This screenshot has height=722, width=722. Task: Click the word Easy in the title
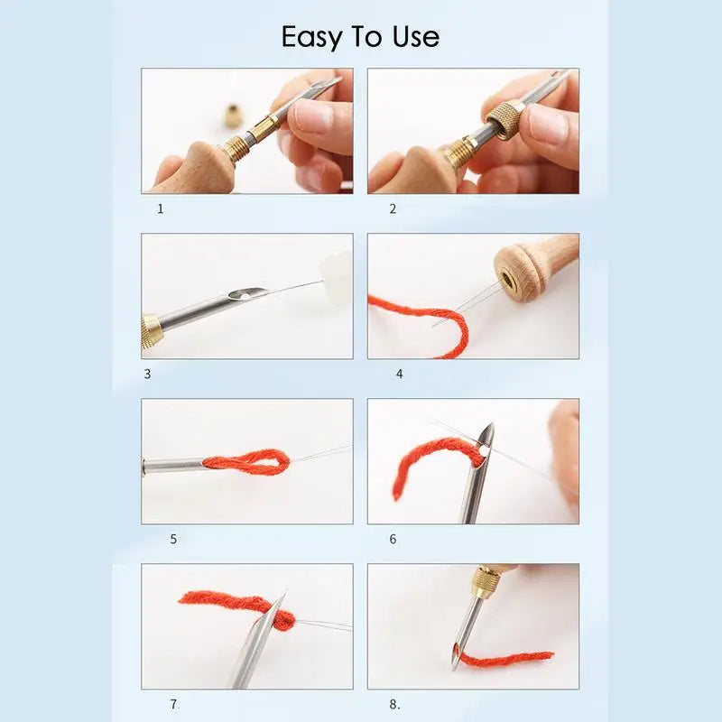311,37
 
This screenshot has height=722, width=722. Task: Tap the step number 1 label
161,208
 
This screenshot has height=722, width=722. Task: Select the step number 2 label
393,208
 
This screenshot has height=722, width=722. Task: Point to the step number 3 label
147,373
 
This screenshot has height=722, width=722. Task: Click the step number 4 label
400,373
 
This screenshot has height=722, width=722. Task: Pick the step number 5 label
173,539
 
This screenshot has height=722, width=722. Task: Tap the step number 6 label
393,539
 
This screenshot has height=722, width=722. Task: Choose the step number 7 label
173,703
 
